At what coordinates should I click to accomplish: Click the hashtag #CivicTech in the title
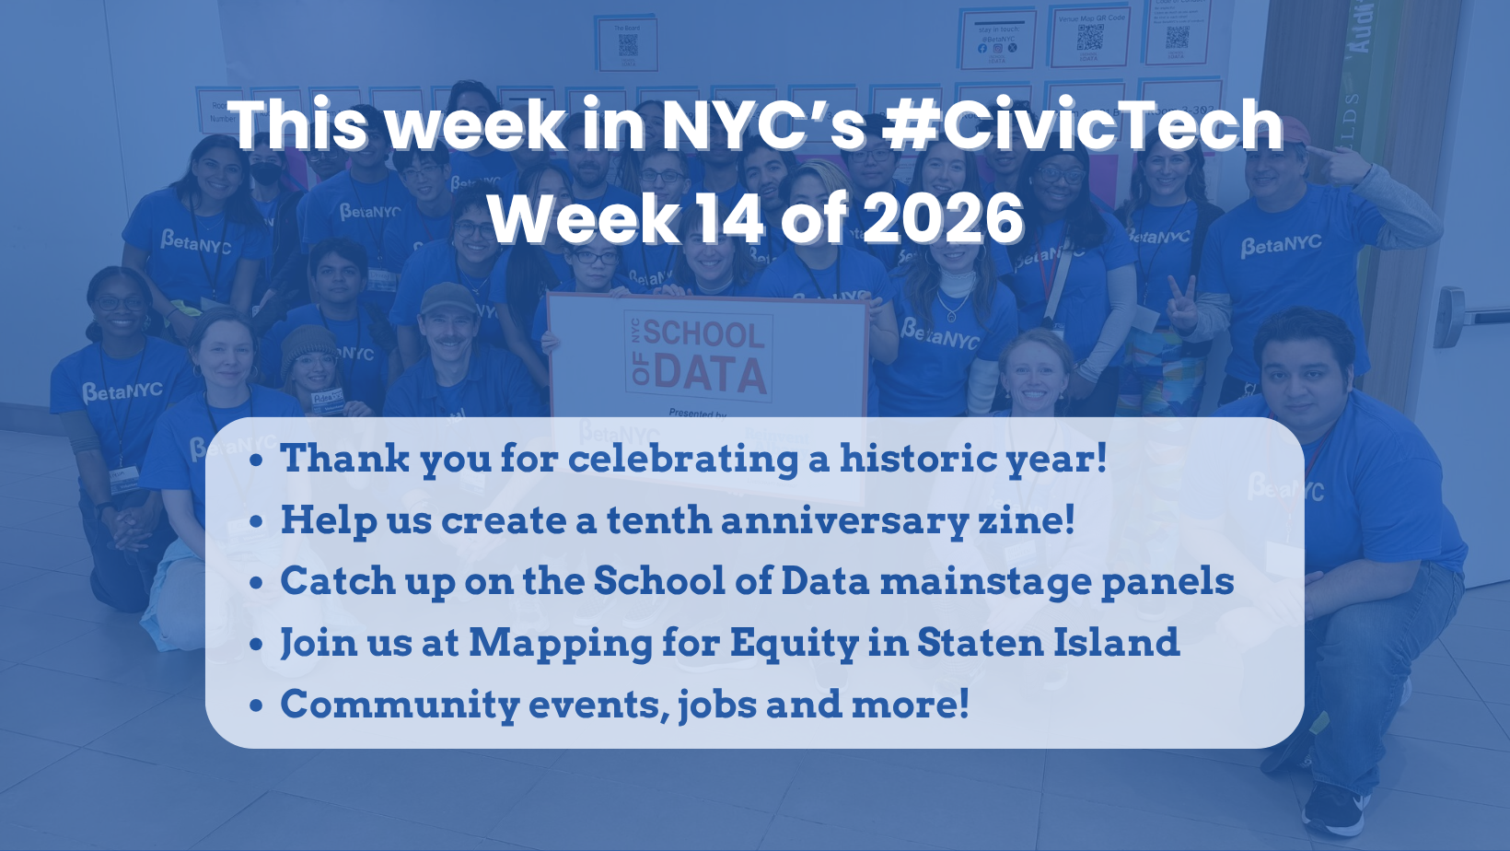click(x=1082, y=126)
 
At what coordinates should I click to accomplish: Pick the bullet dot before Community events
click(x=257, y=705)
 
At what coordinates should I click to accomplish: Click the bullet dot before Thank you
click(x=257, y=460)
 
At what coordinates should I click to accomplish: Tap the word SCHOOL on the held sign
click(x=703, y=333)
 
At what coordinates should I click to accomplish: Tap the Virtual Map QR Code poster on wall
click(x=1091, y=38)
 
